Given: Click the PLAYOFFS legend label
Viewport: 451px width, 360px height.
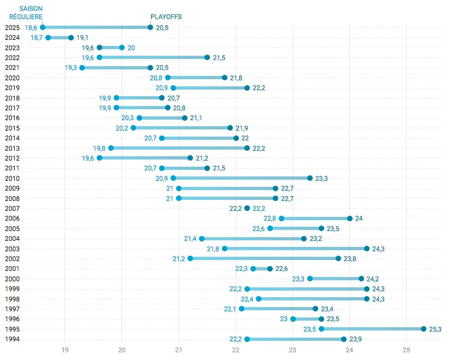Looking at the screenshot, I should (x=166, y=17).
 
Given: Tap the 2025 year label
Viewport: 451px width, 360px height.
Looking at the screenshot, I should (x=12, y=27).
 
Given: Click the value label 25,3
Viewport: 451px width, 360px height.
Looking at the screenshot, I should (x=435, y=329).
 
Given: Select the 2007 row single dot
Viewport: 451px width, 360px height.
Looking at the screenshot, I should (x=247, y=208).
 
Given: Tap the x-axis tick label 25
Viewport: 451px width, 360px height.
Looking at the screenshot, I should (x=407, y=350).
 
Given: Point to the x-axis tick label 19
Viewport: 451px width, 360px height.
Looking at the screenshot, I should (x=65, y=350).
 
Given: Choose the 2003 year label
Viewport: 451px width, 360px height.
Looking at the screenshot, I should (x=12, y=249).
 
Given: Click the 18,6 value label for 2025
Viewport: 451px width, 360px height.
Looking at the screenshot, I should (x=31, y=27).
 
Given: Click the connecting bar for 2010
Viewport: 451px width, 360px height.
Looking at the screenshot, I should (x=242, y=178).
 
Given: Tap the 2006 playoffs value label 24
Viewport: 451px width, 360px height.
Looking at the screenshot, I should (x=359, y=219).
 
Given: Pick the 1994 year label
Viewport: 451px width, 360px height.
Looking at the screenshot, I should (x=12, y=339).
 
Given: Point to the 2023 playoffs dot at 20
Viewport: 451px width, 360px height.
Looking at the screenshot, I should (x=122, y=48).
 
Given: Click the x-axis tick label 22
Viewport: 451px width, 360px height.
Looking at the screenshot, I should (x=236, y=350).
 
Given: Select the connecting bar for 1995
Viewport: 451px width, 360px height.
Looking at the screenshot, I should (x=372, y=329).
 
